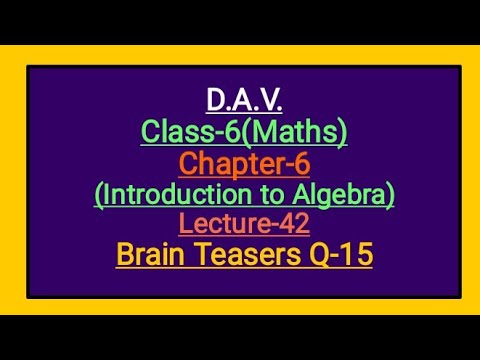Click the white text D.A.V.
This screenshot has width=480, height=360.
[x=244, y=100]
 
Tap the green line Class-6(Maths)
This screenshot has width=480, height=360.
[x=244, y=131]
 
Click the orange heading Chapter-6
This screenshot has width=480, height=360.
[x=244, y=162]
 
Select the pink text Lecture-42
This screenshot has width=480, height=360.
[x=244, y=224]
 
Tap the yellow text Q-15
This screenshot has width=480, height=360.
[x=340, y=255]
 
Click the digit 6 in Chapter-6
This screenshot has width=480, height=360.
[x=301, y=162]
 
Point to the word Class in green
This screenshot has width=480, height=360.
[x=176, y=131]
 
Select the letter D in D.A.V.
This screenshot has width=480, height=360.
[x=216, y=100]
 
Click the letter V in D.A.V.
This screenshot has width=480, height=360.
[x=269, y=100]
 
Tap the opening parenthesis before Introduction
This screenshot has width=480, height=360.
[x=98, y=193]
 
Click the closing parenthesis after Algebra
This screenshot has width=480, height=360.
[x=390, y=193]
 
